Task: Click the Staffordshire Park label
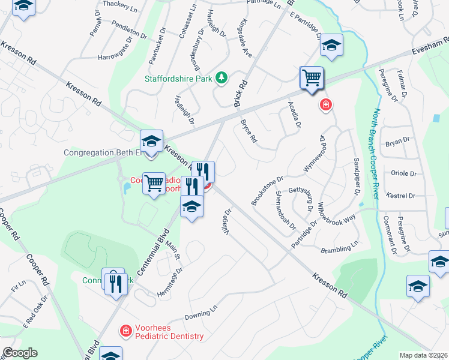(178, 78)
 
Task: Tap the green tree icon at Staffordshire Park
(221, 77)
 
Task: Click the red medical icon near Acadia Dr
(326, 105)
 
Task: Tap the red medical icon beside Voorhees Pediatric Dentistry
(126, 330)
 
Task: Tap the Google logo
(20, 353)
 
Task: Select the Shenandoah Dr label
(285, 209)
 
